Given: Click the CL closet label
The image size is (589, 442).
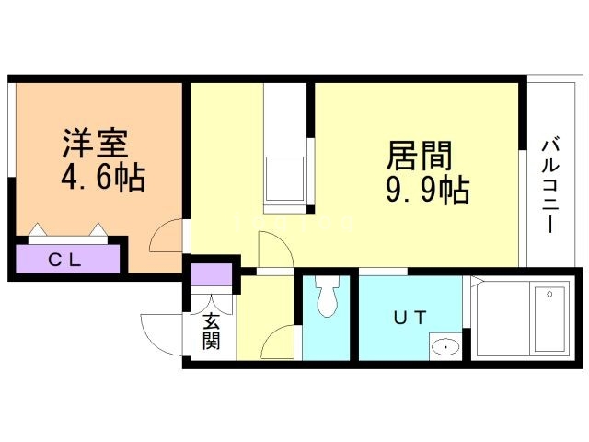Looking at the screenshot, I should [x=65, y=260].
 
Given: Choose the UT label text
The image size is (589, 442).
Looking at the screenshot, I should [x=410, y=320].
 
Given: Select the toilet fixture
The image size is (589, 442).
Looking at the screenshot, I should [x=327, y=297].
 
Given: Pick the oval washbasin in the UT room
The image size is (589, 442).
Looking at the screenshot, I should [x=445, y=347].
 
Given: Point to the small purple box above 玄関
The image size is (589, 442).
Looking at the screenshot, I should [x=212, y=275].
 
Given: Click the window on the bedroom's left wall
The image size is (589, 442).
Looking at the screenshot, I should [x=10, y=129].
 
